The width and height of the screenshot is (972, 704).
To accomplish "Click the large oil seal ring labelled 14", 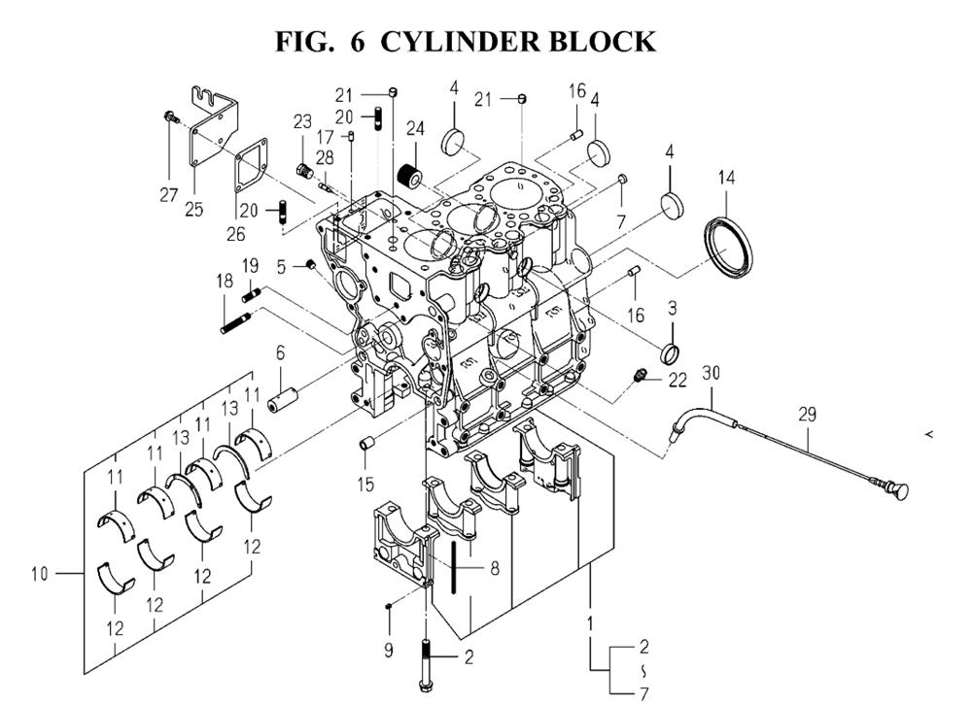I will (x=728, y=248).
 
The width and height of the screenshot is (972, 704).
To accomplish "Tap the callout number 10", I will (x=39, y=574).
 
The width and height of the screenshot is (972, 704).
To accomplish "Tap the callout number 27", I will (x=168, y=195).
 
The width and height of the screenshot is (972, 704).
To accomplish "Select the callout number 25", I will (x=194, y=209).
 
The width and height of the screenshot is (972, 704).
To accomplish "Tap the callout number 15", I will (x=364, y=483).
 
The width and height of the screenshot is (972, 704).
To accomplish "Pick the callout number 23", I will (x=303, y=122).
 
